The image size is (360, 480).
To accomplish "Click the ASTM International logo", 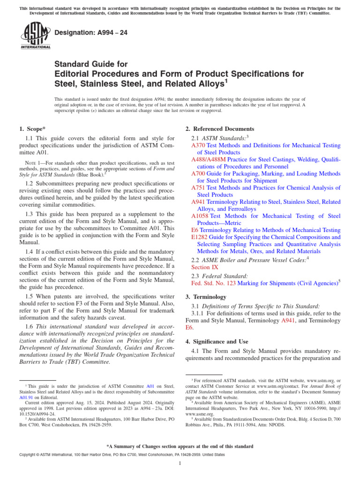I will click(x=36, y=35).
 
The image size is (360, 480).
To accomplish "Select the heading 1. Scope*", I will click(x=32, y=129).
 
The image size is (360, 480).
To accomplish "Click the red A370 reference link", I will click(x=198, y=146).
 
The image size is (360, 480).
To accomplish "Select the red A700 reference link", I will click(x=198, y=173).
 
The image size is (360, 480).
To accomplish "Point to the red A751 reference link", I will click(x=198, y=187).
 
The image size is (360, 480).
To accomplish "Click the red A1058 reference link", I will click(x=200, y=216).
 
